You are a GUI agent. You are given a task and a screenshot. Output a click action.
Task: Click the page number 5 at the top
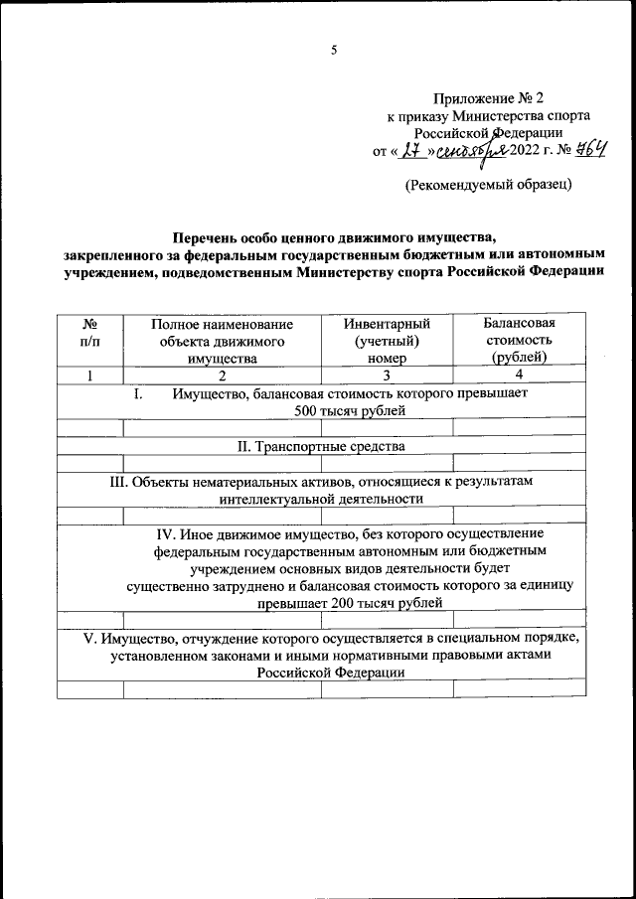(334, 50)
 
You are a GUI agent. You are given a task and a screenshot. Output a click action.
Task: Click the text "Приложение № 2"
(489, 98)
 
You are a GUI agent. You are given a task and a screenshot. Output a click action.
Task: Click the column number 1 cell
(89, 375)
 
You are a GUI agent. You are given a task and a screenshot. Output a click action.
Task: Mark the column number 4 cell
(518, 375)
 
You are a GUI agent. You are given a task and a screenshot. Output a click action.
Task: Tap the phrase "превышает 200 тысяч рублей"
(350, 604)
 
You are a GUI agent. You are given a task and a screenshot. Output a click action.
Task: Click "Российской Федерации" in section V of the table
(328, 672)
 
